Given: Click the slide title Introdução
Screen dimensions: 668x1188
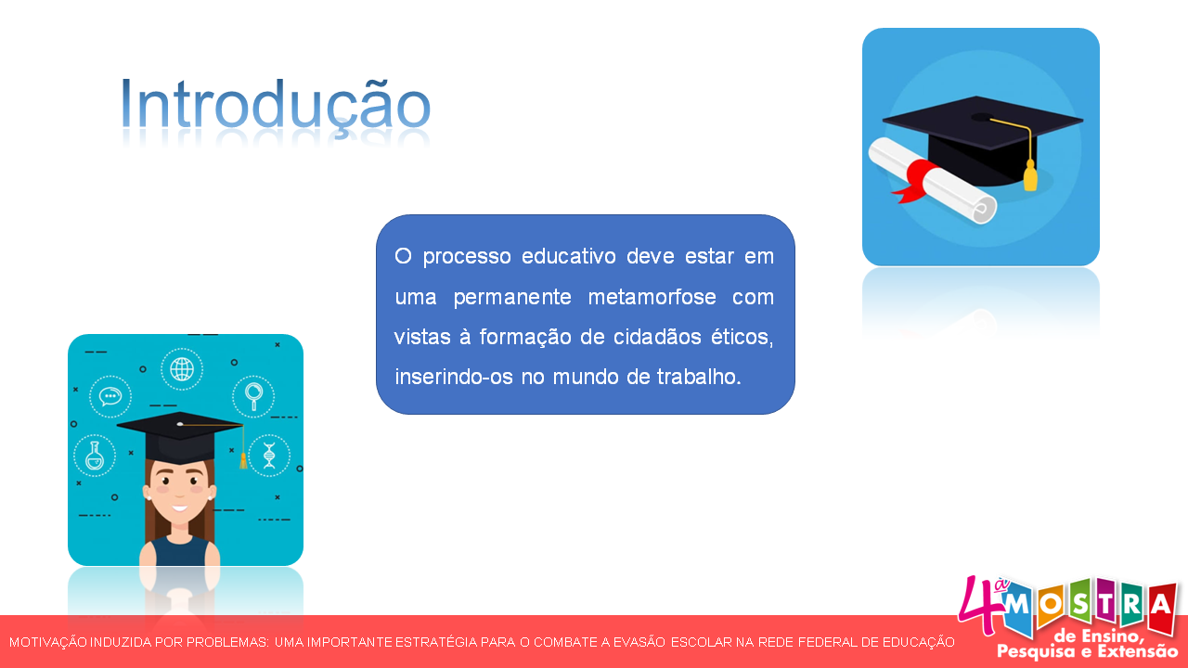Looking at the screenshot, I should [276, 105].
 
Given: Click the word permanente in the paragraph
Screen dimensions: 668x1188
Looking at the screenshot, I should [505, 298].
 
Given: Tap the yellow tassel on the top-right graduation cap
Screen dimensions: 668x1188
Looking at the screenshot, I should [1030, 173].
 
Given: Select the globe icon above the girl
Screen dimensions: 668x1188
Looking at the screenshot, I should [182, 368].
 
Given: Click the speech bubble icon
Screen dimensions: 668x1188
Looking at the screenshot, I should [110, 396].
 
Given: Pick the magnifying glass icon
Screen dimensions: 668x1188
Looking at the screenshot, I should [253, 394].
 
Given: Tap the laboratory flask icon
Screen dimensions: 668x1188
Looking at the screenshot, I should [94, 456].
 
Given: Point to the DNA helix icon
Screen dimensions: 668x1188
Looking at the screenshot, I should [269, 455].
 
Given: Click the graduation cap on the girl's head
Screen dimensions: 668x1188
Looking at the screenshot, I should [178, 436].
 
